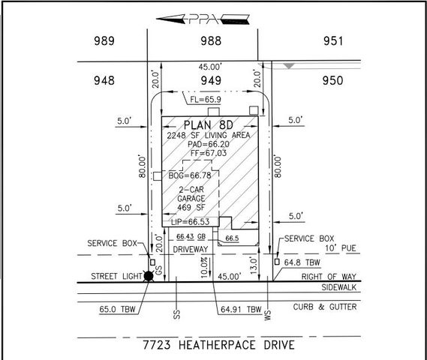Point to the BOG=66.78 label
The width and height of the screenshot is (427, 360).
pyautogui.click(x=188, y=176)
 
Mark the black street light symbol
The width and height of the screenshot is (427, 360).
pyautogui.click(x=149, y=276)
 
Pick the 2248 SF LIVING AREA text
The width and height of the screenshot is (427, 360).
pyautogui.click(x=215, y=136)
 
